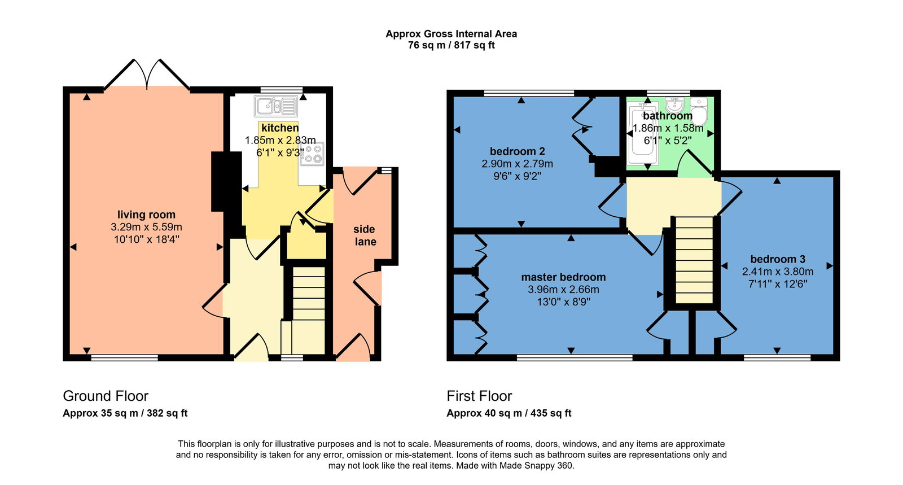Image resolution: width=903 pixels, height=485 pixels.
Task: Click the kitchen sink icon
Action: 276,106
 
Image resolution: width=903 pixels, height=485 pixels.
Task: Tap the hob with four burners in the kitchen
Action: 312,154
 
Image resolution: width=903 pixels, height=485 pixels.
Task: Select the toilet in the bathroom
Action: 699,111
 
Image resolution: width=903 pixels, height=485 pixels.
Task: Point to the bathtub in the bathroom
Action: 643,133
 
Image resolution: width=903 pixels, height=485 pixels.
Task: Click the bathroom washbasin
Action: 674,105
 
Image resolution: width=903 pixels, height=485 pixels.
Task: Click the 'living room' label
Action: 146,215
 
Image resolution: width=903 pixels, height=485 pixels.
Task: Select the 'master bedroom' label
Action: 563,277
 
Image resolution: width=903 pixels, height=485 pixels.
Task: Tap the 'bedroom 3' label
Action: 777,259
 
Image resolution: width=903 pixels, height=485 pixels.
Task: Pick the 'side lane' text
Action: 365,235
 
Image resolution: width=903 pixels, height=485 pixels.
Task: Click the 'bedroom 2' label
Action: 517,151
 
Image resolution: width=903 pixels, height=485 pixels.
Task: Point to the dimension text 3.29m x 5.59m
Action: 146,227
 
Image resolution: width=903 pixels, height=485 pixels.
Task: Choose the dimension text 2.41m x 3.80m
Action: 777,272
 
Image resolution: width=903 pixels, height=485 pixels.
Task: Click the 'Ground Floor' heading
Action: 106,396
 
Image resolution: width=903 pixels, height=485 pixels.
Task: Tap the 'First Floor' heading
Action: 479,396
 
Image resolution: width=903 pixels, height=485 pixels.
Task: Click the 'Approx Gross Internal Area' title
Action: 451,34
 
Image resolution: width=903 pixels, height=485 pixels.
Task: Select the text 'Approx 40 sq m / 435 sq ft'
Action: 509,413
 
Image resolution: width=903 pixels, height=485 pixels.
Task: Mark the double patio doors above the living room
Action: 147,74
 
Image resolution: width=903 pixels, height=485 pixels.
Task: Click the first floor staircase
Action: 694,260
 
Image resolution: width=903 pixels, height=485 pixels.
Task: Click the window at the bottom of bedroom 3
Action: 777,357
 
